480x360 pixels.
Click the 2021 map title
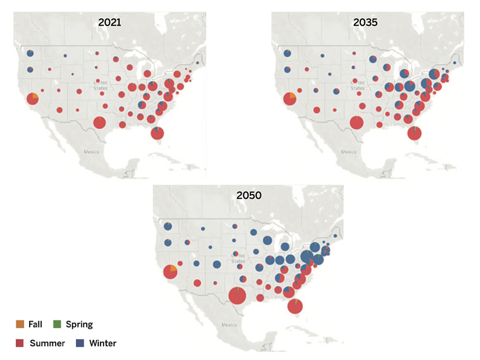point(110,23)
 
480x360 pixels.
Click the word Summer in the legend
point(46,343)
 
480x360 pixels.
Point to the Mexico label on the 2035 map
point(348,151)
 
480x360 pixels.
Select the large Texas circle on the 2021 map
point(99,123)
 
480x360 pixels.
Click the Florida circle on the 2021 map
point(157,133)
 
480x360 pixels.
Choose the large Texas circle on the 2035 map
point(357,123)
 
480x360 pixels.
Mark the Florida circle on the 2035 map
point(414,133)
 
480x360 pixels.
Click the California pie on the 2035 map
point(289,99)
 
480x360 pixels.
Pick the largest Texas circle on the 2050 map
point(237,296)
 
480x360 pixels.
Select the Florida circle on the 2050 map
point(295,305)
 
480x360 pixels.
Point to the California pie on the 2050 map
point(170,271)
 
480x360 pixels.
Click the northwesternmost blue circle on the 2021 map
point(30,53)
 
